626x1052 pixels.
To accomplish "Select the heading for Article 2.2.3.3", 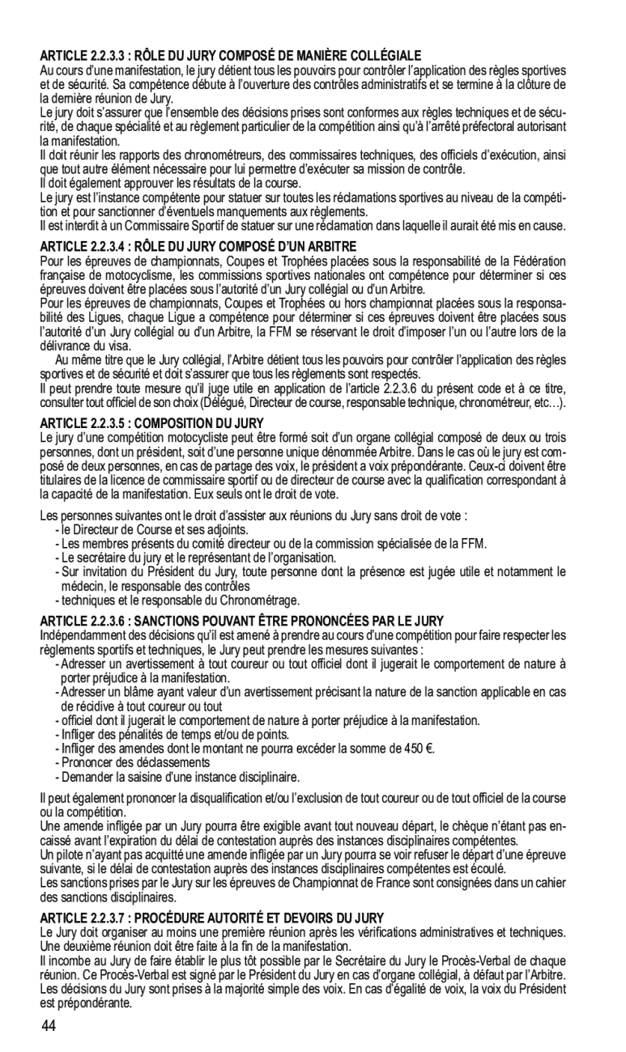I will coord(231,55).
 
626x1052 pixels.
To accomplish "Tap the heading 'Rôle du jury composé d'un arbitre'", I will coord(198,245).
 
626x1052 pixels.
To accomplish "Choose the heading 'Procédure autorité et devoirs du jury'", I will coord(211,918).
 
